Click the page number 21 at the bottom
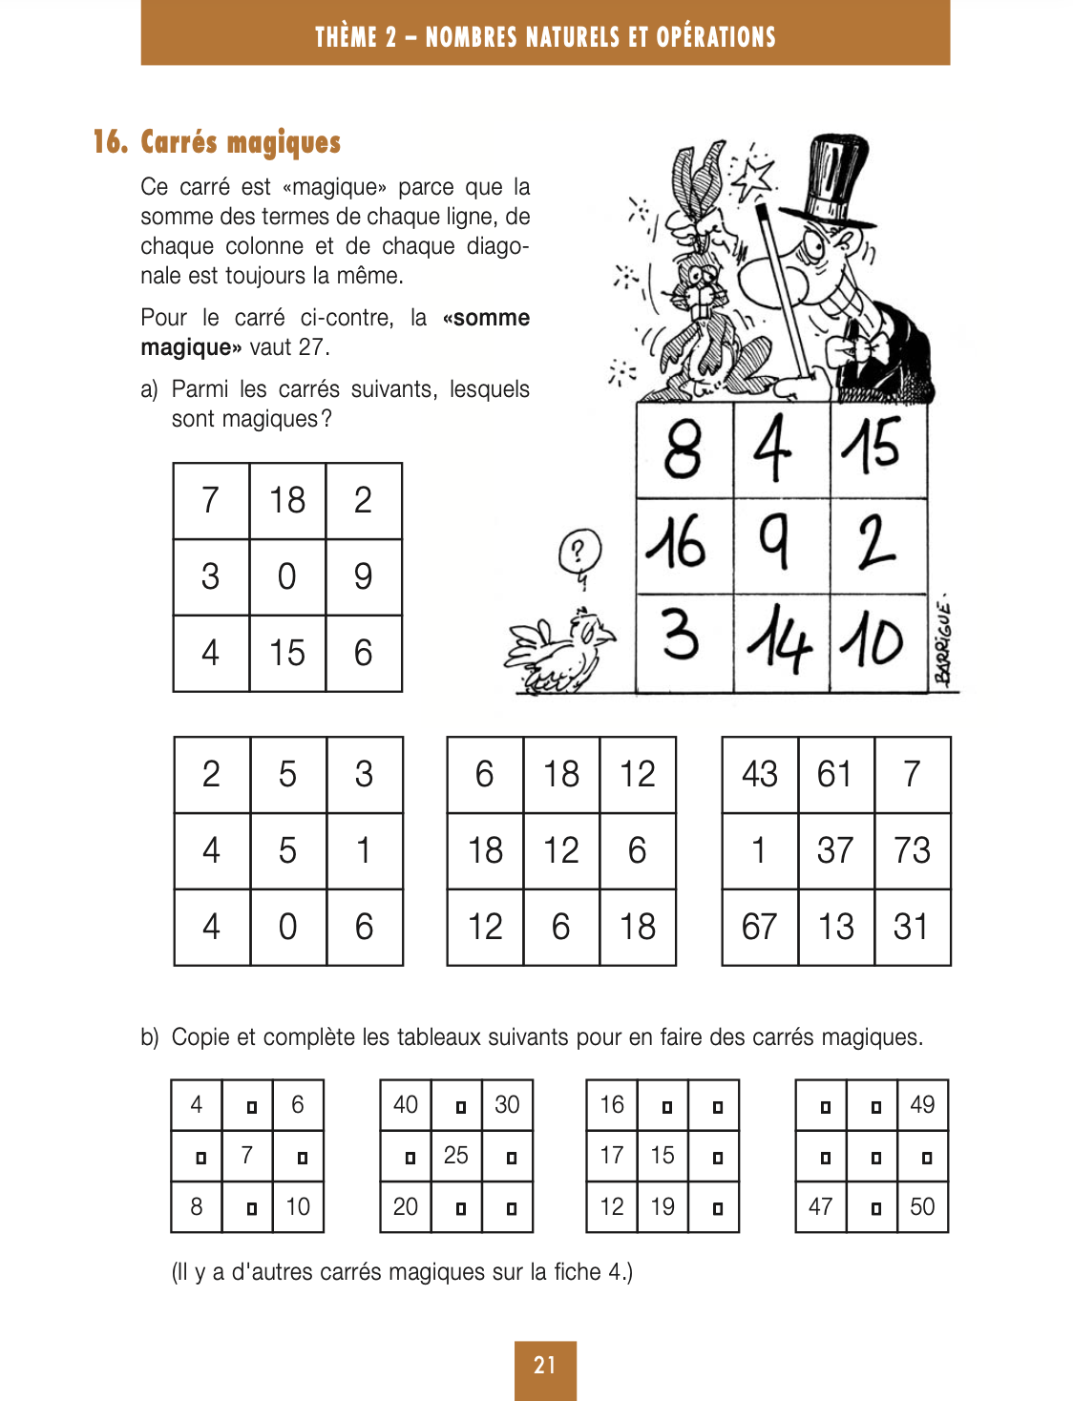(545, 1366)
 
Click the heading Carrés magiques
(240, 142)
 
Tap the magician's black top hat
(833, 181)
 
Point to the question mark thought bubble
(579, 552)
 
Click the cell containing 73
(912, 850)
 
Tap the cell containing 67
(759, 927)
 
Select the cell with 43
(759, 774)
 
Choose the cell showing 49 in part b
(922, 1105)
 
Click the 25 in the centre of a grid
(456, 1156)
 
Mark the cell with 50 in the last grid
(922, 1207)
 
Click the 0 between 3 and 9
(287, 577)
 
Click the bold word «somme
(486, 318)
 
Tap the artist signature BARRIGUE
(943, 644)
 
